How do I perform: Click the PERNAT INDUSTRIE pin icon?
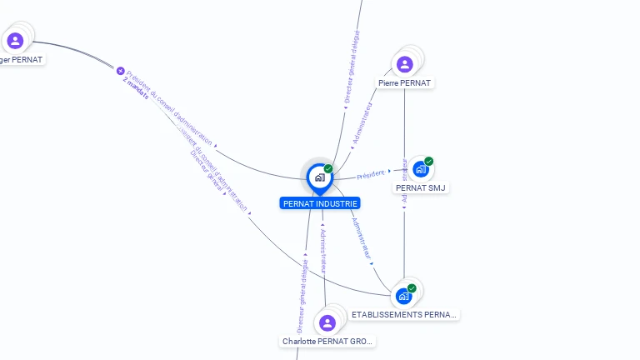[x=319, y=177]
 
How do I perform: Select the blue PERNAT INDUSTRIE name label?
[x=321, y=203]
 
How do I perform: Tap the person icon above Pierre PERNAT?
[x=405, y=64]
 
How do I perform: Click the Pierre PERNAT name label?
[x=404, y=83]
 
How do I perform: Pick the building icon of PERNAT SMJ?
[x=420, y=169]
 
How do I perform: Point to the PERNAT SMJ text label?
[x=422, y=188]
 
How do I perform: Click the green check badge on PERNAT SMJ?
[x=428, y=161]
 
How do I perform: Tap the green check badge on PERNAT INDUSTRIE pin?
[x=328, y=169]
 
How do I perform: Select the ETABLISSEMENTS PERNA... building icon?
[x=403, y=296]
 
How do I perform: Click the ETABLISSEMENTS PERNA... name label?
[x=404, y=314]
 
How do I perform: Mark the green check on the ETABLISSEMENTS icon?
[x=412, y=288]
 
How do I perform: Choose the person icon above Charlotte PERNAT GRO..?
[x=327, y=322]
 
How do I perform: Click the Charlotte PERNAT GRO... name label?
[x=327, y=342]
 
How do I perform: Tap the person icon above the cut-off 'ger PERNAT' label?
[x=15, y=40]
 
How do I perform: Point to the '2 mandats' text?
[x=136, y=89]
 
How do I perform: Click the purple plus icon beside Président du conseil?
[x=120, y=71]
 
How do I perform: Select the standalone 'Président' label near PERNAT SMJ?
[x=371, y=174]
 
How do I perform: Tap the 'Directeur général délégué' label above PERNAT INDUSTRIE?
[x=350, y=66]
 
